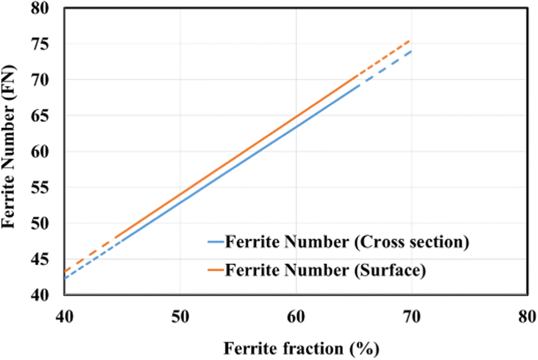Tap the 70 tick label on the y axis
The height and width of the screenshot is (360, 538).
pos(46,80)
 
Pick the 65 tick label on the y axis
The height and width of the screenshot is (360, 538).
pos(46,116)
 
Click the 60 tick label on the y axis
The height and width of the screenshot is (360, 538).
pos(46,152)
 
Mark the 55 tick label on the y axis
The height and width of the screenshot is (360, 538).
pos(46,188)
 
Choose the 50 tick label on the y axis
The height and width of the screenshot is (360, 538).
pos(46,224)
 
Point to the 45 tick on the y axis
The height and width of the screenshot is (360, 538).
pos(46,259)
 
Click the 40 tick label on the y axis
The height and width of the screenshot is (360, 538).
pos(46,295)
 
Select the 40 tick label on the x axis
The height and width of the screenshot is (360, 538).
pos(64,317)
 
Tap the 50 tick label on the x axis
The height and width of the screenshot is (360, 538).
pos(180,317)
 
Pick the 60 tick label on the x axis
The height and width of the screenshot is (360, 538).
pos(296,317)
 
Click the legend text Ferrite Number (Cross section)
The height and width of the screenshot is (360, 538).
pos(347,242)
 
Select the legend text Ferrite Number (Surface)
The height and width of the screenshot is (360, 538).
pos(325,270)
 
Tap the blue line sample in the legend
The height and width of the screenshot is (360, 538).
pos(216,242)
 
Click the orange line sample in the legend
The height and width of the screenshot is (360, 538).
pos(216,270)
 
